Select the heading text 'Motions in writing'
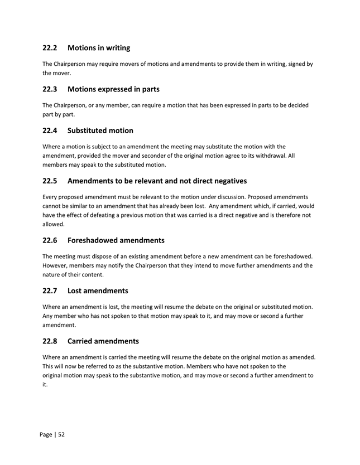pos(99,48)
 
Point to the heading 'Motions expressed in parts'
pos(113,89)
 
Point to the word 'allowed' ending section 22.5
pos(53,224)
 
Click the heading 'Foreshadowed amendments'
pos(116,240)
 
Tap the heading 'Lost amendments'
pos(98,290)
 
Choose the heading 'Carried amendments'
pos(103,341)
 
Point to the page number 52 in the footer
pos(61,434)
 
